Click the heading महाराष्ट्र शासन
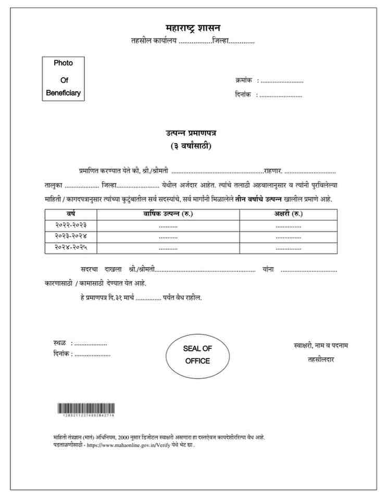pyautogui.click(x=193, y=28)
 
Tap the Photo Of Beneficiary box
pyautogui.click(x=63, y=78)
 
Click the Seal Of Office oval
pyautogui.click(x=197, y=355)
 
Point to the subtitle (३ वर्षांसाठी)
pyautogui.click(x=191, y=146)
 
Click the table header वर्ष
pyautogui.click(x=71, y=214)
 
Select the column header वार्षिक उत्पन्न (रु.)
pyautogui.click(x=168, y=214)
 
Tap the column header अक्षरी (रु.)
pyautogui.click(x=288, y=214)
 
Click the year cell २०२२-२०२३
pyautogui.click(x=71, y=225)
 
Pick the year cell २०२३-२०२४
pyautogui.click(x=71, y=236)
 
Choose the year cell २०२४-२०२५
pyautogui.click(x=71, y=248)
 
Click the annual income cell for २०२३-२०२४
pyautogui.click(x=168, y=236)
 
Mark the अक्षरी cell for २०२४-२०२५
pyautogui.click(x=288, y=248)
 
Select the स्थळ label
pyautogui.click(x=59, y=343)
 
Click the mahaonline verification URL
pyautogui.click(x=128, y=445)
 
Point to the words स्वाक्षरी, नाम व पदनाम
pyautogui.click(x=321, y=345)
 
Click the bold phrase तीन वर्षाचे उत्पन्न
pyautogui.click(x=258, y=199)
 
